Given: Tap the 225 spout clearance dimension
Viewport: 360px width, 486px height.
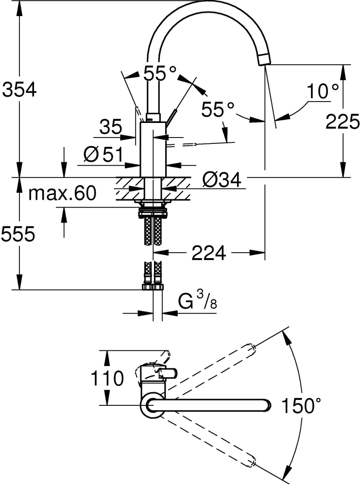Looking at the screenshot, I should point(342,121).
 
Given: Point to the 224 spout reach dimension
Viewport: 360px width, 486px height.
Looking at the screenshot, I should point(209,253).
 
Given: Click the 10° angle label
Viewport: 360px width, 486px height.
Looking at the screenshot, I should point(322,90).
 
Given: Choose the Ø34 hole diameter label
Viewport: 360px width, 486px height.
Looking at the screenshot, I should point(222,180).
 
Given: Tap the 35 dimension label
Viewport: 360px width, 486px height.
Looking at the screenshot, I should point(111,128).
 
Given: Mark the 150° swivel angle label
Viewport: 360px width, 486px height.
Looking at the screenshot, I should point(301,405).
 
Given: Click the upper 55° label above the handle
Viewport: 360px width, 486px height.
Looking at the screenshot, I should point(160,74).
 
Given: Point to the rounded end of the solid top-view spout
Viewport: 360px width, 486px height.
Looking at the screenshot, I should point(265,405).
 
